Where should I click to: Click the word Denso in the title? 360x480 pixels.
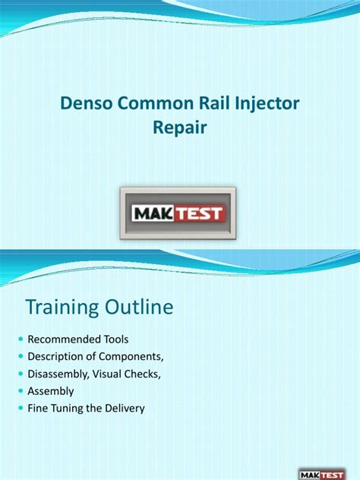(85, 103)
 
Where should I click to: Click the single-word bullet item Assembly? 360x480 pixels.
(51, 390)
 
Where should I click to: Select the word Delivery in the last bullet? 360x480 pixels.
(125, 408)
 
